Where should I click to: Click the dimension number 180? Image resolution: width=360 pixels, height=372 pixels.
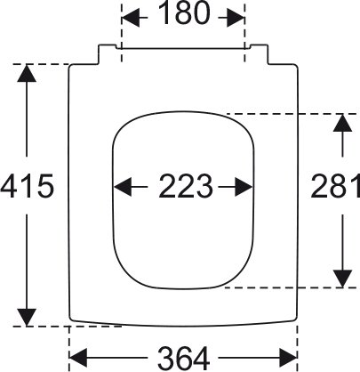pos(184,14)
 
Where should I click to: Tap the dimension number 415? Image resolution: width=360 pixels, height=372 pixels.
pos(28,187)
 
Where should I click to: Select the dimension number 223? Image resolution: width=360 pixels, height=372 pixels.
pos(186,187)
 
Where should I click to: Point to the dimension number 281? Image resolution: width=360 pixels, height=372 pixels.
pos(335,187)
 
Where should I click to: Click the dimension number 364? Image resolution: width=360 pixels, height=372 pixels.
pos(184,358)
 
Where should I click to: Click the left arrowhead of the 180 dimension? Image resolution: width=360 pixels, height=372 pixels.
pos(131,18)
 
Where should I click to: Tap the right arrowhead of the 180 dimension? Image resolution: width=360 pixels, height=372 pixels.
pos(236,18)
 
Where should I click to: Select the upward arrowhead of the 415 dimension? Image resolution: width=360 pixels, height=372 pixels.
pos(27,73)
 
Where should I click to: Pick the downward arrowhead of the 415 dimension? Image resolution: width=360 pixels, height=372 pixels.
pos(27,318)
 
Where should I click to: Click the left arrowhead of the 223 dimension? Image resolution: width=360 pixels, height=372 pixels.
pos(123,187)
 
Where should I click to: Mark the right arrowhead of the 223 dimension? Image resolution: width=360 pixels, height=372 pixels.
pos(244,187)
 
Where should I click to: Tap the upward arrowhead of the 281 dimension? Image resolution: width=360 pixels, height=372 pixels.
pos(343,123)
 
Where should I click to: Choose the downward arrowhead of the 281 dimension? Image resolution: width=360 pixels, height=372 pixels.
pos(343,279)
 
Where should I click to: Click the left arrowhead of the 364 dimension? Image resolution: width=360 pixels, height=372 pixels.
pos(78,358)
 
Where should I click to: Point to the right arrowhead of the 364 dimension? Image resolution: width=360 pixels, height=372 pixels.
pos(288,358)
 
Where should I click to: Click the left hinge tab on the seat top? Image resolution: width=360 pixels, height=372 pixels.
pos(108,53)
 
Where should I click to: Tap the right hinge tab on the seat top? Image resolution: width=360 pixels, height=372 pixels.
pos(260,53)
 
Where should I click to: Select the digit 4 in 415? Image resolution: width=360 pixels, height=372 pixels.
pos(9,187)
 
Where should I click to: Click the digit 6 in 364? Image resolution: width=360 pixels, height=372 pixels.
pos(184,358)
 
